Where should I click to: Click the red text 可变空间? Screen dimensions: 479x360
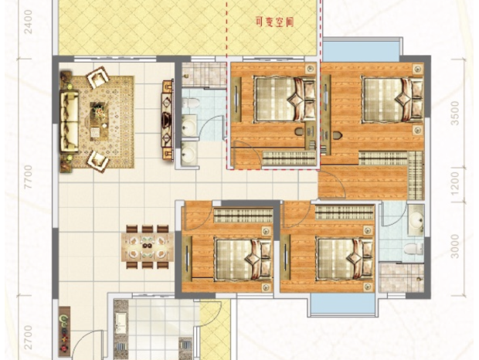click(x=274, y=22)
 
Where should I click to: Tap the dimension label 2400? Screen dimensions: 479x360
click(x=28, y=22)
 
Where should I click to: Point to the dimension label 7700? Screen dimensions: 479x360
click(x=28, y=177)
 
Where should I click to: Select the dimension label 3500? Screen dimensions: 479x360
click(x=455, y=114)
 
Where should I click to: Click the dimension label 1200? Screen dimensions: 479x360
click(x=455, y=184)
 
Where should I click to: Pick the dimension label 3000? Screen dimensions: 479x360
click(x=455, y=246)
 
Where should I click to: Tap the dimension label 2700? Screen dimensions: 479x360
click(x=28, y=338)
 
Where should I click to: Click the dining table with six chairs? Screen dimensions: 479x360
click(x=148, y=247)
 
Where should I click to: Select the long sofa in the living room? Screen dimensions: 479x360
click(x=69, y=121)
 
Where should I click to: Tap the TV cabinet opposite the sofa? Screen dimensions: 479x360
click(x=167, y=119)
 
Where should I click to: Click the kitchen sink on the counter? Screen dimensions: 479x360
click(x=121, y=324)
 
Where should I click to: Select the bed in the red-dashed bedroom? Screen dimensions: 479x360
click(x=285, y=99)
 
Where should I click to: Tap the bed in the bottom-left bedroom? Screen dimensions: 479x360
click(x=243, y=260)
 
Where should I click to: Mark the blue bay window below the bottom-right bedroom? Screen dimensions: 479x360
click(x=342, y=304)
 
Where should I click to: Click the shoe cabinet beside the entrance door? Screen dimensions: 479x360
click(x=64, y=331)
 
